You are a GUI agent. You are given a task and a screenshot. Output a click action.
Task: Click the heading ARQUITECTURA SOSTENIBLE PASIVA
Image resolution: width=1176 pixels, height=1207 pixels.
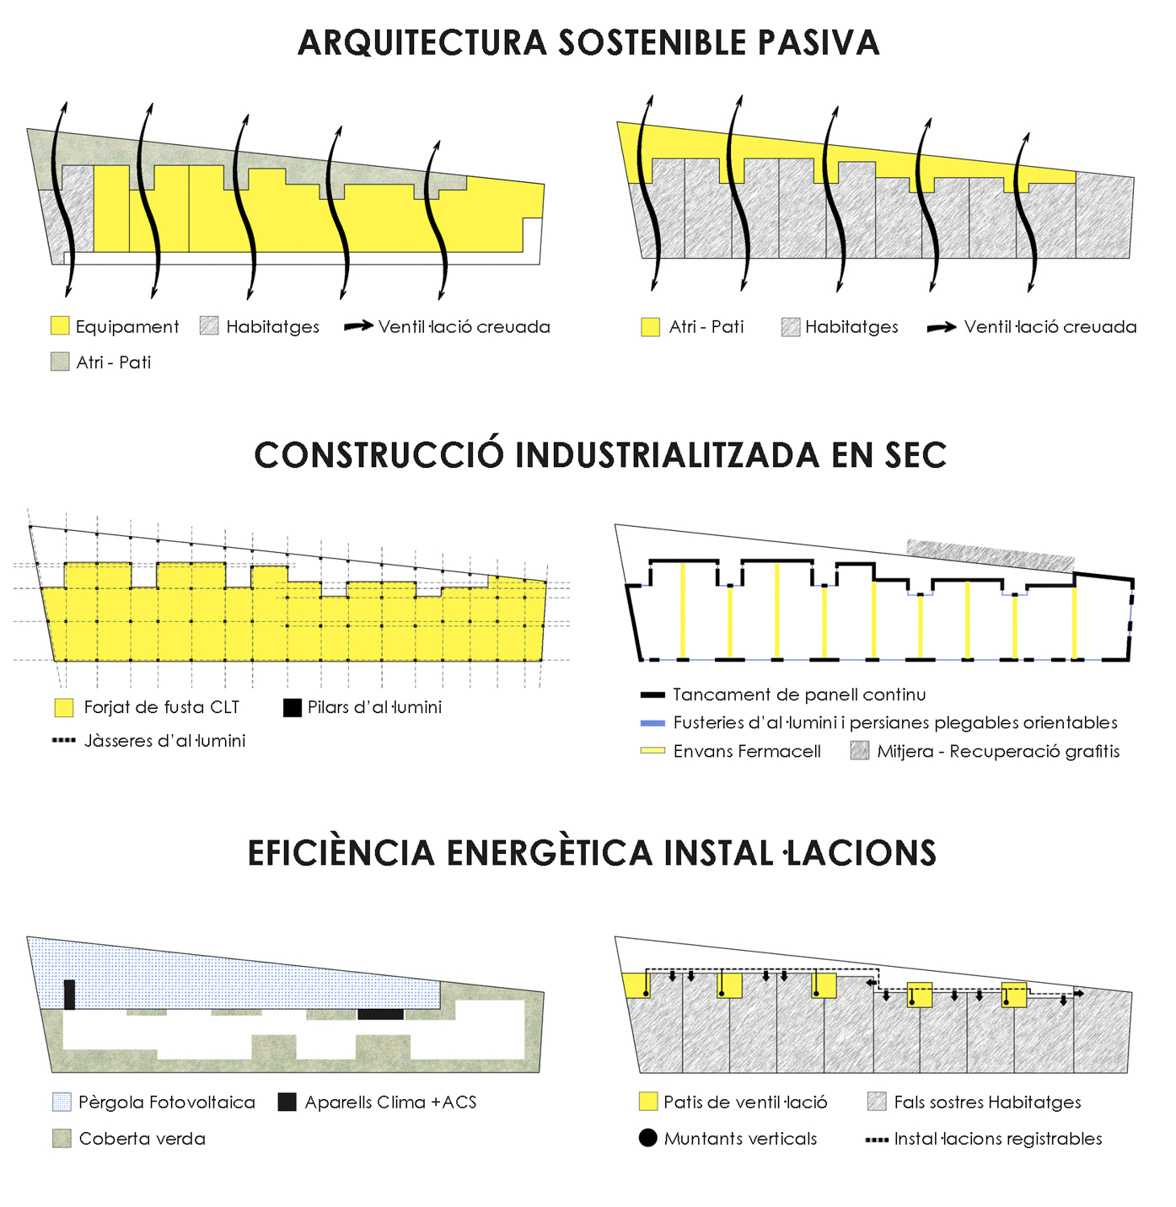[x=588, y=43]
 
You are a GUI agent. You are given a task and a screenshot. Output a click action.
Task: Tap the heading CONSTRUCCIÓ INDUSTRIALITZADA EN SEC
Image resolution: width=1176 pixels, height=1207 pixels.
[x=600, y=455]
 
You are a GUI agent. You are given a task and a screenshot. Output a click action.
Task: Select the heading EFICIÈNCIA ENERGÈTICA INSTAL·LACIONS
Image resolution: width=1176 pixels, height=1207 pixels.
[x=592, y=853]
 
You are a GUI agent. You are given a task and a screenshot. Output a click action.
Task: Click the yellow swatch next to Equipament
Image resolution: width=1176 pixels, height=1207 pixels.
[x=59, y=326]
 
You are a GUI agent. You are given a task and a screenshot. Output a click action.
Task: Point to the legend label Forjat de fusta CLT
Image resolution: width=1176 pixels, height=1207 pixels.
[x=161, y=707]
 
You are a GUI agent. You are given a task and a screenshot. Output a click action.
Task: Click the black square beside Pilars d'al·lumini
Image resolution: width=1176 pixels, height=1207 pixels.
[x=293, y=707]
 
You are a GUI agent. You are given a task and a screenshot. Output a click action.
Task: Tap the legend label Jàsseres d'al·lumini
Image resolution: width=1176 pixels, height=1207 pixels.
[x=164, y=741]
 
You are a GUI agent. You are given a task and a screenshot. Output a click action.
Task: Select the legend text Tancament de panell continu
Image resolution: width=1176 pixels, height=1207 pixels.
[x=799, y=695]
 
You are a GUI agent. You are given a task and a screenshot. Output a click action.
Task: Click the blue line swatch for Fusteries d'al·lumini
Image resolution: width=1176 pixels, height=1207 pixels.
[x=652, y=723]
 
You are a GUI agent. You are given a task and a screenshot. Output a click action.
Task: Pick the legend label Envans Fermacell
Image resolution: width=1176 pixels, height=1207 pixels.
[x=747, y=751]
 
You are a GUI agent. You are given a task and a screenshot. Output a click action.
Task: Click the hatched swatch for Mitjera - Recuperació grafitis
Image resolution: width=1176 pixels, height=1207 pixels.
[x=860, y=751]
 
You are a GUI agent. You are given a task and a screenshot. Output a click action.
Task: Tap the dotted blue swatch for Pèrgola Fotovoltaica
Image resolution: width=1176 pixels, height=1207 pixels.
[x=62, y=1102]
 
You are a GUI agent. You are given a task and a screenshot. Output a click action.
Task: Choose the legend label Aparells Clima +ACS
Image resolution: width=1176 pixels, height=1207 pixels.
[x=390, y=1102]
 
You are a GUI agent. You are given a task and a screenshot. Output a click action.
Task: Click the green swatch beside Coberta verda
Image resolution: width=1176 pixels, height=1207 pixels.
[x=62, y=1139]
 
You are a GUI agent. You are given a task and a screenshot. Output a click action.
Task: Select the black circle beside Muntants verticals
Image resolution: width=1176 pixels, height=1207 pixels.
[x=647, y=1139]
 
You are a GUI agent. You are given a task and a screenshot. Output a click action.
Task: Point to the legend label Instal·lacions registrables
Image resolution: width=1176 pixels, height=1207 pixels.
[x=998, y=1139]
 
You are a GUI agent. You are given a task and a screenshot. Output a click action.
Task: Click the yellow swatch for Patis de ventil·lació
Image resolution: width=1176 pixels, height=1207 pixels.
[x=647, y=1102]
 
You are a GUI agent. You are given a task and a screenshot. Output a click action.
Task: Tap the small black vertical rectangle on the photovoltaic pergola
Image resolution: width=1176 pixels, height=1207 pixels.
[x=70, y=995]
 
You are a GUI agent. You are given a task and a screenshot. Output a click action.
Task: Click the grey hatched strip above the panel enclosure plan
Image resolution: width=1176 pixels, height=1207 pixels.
[x=991, y=555]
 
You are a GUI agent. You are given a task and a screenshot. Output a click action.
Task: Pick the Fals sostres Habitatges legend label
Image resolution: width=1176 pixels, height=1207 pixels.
[x=987, y=1102]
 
